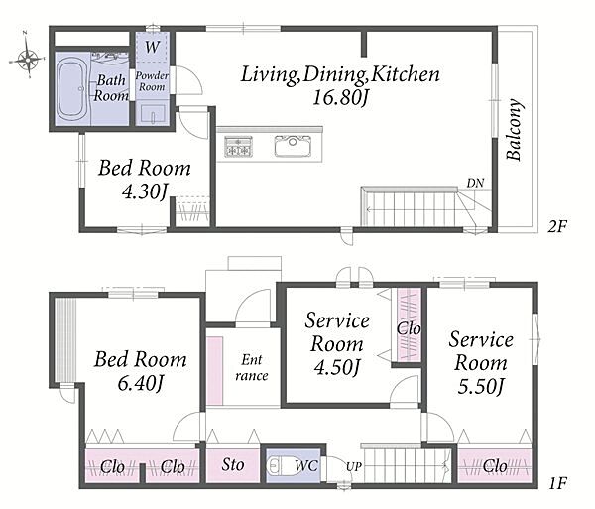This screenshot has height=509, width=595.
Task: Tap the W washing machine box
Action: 153,47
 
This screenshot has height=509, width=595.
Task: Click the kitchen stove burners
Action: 238,148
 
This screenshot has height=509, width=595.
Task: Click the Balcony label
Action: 514,129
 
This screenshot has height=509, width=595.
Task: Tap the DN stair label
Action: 476,183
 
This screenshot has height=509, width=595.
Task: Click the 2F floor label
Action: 555,226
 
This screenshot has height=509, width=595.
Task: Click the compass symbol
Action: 27,57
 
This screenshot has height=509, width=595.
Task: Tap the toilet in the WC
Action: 280,465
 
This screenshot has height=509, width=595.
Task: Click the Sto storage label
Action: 233,465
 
